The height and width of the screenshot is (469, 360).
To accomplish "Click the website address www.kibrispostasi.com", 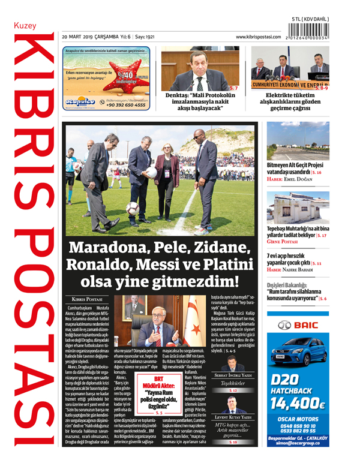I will tap(258, 37).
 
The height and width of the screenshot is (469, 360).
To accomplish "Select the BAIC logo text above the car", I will tap(298, 326).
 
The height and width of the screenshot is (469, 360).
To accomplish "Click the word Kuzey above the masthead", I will tap(25, 26).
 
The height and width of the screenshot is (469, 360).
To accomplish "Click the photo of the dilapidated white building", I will tap(298, 205).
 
